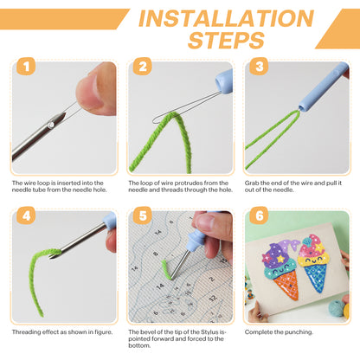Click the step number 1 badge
pyautogui.click(x=26, y=67)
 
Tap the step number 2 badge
pyautogui.click(x=143, y=67)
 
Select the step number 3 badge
pyautogui.click(x=259, y=67)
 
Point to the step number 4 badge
pyautogui.click(x=26, y=215)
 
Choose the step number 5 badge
pyautogui.click(x=143, y=215)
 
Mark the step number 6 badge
pyautogui.click(x=259, y=215)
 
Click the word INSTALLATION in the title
pyautogui.click(x=226, y=18)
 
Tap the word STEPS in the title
pyautogui.click(x=226, y=40)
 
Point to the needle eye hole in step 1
pyautogui.click(x=51, y=125)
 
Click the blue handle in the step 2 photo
pyautogui.click(x=225, y=81)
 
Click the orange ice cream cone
pyautogui.click(x=286, y=285)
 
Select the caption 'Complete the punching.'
pyautogui.click(x=279, y=332)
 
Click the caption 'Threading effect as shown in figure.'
pyautogui.click(x=62, y=332)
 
